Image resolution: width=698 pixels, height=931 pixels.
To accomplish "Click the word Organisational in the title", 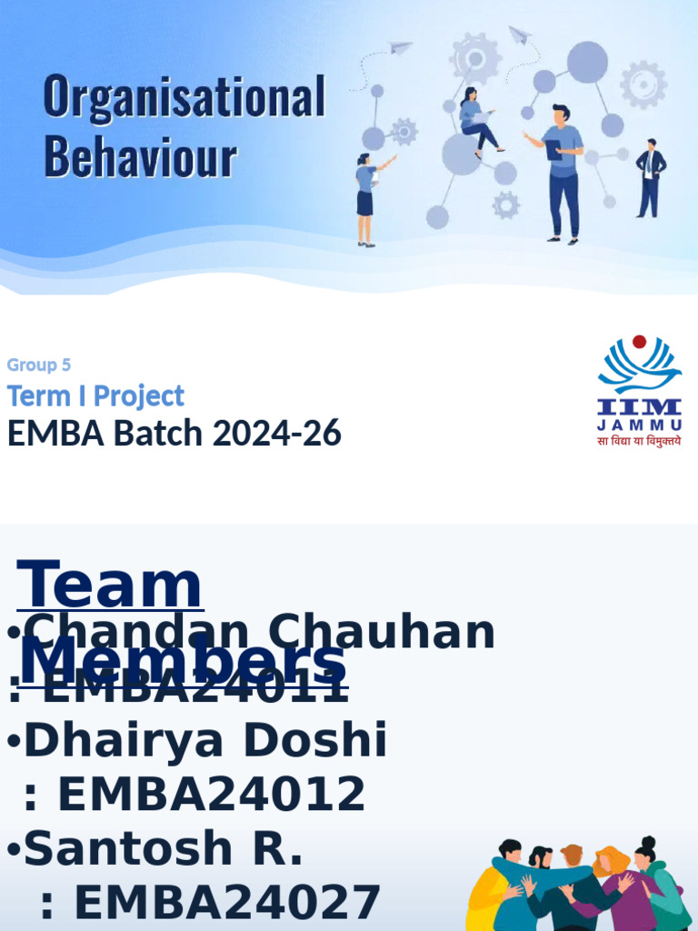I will [184, 97].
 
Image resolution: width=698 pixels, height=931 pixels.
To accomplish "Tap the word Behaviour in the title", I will [140, 156].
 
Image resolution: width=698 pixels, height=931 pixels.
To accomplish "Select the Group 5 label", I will [39, 365].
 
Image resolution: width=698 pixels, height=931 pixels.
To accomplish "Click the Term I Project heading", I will [95, 395].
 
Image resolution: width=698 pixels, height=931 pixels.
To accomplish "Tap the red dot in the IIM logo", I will [639, 342].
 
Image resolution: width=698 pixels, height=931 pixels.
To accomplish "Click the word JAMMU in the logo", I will [640, 425].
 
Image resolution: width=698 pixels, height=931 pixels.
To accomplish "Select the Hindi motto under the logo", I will [639, 442].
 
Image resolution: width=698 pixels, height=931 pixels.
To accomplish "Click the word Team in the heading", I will [110, 586].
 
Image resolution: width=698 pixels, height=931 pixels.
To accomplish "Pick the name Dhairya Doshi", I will [205, 741].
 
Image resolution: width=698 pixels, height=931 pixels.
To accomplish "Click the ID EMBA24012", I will [211, 795].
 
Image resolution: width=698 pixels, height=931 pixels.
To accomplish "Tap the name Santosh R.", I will [164, 848].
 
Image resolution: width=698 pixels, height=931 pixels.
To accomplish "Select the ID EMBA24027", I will [226, 903].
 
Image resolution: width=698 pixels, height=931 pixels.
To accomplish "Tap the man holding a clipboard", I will [562, 173].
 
